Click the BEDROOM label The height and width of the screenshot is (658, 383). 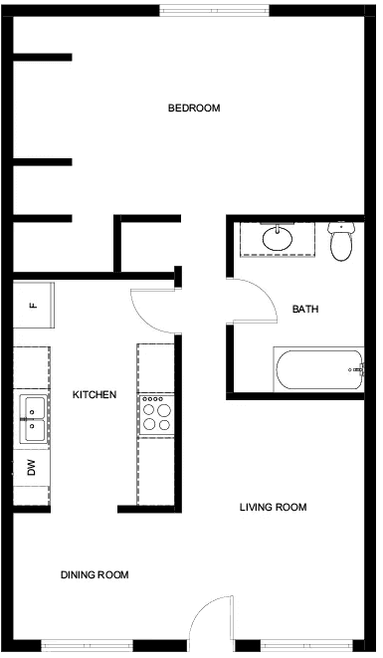pos(194,108)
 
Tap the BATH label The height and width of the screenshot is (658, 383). pos(305,310)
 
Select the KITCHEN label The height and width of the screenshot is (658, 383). pos(95,395)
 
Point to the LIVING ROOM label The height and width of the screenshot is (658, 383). pos(274,507)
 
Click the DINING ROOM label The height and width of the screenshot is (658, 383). pos(95,574)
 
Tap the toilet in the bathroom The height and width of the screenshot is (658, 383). pos(341,241)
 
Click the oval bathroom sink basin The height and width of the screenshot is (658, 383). pos(278,239)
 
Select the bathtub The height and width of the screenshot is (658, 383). pos(318,369)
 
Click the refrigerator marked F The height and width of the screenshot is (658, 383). pos(34,305)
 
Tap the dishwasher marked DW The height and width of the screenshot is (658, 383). pos(32,468)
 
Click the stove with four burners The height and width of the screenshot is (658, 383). pos(156,415)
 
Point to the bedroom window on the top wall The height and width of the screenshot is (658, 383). pos(214,11)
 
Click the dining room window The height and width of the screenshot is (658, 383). pos(87,645)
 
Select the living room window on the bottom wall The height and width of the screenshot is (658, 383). pos(306,645)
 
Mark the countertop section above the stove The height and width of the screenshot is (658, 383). pos(156,368)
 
